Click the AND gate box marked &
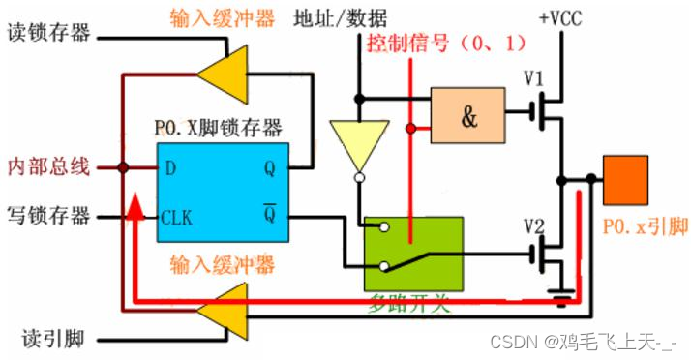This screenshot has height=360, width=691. tap(467, 115)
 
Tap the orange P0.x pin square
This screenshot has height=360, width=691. tap(626, 179)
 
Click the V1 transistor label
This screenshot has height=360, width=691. tap(534, 76)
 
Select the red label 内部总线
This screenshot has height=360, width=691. tap(48, 166)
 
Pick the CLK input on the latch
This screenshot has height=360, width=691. tap(176, 217)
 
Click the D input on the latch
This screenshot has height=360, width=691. tap(170, 168)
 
